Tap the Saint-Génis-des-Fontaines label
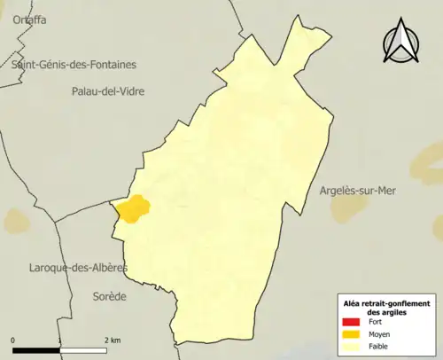(x=74, y=64)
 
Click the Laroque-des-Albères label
(x=79, y=267)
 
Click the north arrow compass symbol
(x=400, y=44)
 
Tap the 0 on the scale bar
(x=13, y=340)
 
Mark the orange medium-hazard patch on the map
(x=133, y=209)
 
